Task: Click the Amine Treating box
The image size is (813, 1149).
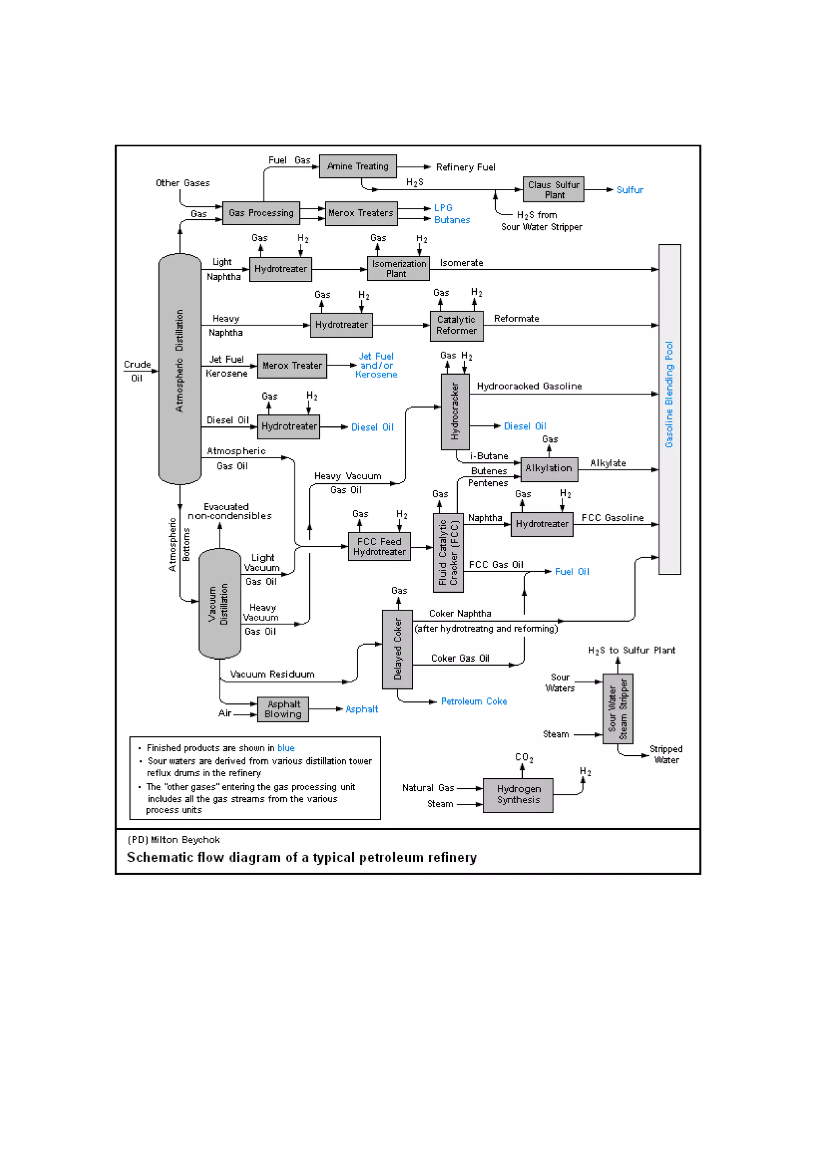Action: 358,166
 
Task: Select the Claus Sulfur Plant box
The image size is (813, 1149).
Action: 553,190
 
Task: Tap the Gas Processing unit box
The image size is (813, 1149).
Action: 261,213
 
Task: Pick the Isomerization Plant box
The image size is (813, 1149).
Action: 398,269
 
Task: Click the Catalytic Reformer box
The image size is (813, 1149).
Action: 457,325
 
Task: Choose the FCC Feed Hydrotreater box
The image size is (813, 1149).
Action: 379,546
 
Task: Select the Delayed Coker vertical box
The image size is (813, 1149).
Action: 397,649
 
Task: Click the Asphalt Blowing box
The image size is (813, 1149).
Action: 283,709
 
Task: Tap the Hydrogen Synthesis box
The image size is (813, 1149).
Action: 518,795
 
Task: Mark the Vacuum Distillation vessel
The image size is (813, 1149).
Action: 220,603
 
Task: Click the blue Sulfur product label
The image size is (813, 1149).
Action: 630,190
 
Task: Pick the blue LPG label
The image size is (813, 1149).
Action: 443,208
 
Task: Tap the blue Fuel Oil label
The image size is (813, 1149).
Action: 572,571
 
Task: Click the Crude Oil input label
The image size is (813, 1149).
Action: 137,371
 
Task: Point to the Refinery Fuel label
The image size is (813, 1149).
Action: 465,167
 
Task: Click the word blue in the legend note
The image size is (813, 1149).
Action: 286,748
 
